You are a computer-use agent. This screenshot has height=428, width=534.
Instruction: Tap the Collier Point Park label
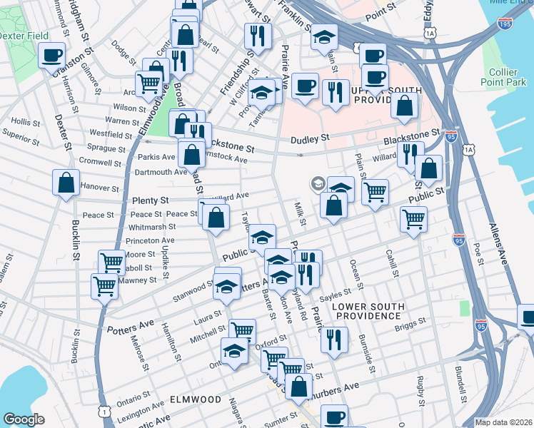[x=508, y=78]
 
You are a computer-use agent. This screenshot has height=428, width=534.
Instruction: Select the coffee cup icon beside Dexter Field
[x=51, y=56]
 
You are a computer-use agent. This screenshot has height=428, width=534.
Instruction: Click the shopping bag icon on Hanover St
[x=66, y=182]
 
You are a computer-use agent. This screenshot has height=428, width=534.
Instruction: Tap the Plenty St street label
[x=150, y=201]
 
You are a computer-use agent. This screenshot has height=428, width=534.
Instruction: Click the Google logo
[x=24, y=419]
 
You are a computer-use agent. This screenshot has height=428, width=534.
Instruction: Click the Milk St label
[x=300, y=215]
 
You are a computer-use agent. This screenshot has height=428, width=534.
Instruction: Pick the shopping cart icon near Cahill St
[x=413, y=219]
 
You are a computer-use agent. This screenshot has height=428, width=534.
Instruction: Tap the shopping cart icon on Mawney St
[x=104, y=287]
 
